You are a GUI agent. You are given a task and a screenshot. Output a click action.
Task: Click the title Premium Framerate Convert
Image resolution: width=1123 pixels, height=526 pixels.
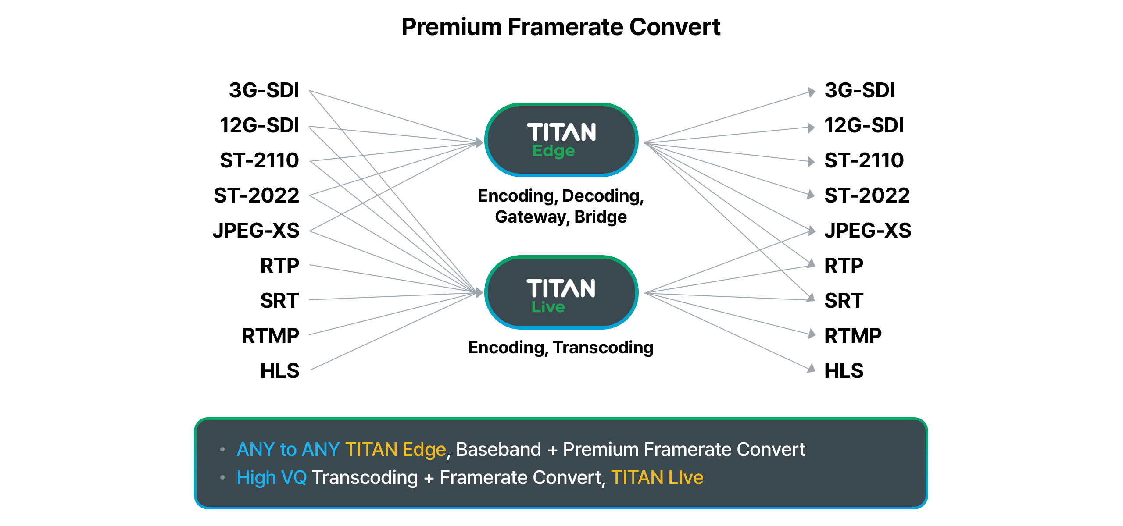pos(561,27)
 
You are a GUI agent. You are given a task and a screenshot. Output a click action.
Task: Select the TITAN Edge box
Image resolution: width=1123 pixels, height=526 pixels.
pos(561,140)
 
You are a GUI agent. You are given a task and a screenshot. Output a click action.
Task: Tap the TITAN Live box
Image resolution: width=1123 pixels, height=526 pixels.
pos(561,292)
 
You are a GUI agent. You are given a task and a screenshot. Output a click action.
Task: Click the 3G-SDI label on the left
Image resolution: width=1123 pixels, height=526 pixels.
pos(264,91)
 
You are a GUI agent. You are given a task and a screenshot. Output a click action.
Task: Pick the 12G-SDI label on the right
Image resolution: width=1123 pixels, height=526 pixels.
pos(864,126)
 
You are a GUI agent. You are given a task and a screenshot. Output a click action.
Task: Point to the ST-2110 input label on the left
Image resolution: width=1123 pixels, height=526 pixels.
pos(259,161)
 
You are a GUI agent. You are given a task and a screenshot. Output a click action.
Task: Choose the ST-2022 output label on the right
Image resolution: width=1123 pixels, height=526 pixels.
pos(867,196)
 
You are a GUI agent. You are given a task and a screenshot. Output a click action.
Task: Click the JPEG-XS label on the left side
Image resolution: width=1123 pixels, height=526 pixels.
pos(256,231)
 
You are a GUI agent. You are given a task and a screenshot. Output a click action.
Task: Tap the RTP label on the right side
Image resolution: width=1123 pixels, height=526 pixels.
pos(843,266)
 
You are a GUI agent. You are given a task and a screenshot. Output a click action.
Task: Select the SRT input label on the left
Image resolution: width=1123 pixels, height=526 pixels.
pos(279,301)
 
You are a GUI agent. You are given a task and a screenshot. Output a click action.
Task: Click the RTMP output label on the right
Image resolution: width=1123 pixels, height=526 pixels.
pos(852,336)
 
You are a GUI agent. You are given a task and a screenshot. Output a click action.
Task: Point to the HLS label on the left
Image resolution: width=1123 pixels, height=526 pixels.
pos(279,371)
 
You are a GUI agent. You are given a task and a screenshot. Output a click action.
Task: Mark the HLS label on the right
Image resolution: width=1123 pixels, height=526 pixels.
pos(843,371)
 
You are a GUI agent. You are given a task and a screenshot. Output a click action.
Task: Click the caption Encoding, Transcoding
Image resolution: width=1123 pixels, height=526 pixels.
pos(561,348)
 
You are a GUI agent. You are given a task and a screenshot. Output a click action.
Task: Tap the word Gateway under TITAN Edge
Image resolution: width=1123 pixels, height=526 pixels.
pos(531,217)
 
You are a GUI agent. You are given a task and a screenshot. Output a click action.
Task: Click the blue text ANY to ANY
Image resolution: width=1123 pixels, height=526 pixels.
pos(288,450)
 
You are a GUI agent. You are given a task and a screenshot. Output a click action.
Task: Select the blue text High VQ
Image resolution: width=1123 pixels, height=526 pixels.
pos(272,478)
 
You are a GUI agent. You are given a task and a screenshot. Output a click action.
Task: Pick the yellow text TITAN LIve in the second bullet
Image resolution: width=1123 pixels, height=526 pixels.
pos(657,478)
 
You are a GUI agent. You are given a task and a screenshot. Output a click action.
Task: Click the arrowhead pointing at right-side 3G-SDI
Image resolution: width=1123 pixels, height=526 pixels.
pos(812,92)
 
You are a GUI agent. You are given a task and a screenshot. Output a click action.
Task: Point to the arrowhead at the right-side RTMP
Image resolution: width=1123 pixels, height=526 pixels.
pos(812,334)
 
